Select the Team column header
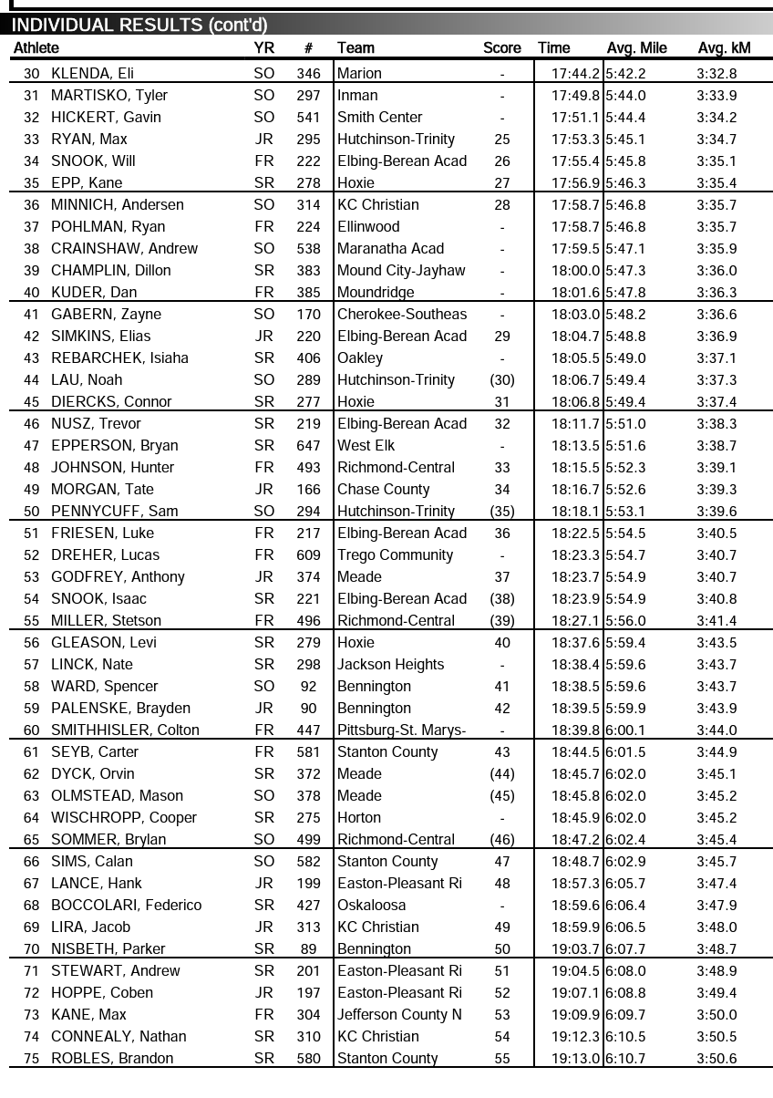(x=356, y=48)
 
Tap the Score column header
(x=502, y=48)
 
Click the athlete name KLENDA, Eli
(x=93, y=74)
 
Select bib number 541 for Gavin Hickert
(x=308, y=118)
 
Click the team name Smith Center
(x=380, y=118)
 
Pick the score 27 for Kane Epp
(x=502, y=183)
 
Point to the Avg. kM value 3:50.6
(x=716, y=1059)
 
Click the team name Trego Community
(x=395, y=555)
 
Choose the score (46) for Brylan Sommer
(x=502, y=840)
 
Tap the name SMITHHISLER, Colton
(x=125, y=730)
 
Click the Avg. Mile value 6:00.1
(x=625, y=730)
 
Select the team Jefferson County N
(x=399, y=1015)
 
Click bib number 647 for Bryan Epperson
(x=308, y=446)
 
